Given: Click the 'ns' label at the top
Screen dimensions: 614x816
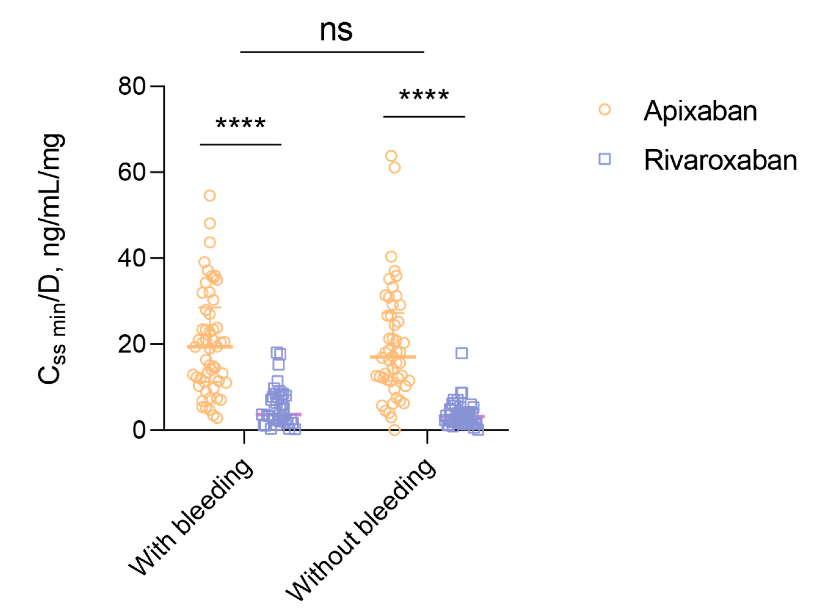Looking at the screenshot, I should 336,30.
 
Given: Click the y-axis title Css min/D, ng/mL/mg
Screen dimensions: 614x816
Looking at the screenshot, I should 52,258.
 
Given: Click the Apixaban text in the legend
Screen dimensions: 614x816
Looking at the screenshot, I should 700,111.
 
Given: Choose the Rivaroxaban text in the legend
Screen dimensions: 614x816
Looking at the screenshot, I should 721,160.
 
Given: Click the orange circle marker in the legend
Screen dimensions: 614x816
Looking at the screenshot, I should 604,109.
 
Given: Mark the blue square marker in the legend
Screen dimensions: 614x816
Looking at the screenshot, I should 605,159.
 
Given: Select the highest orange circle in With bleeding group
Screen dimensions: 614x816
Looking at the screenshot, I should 210,196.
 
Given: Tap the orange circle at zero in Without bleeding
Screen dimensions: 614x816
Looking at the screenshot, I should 394,430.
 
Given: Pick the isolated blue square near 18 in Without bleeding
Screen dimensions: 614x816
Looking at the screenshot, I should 462,353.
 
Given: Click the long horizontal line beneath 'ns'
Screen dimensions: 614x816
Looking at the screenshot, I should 332,52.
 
